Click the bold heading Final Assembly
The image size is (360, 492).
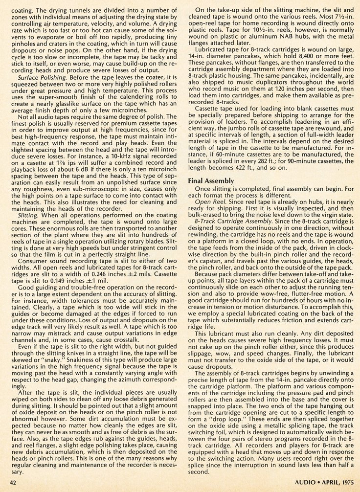[212, 181]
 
